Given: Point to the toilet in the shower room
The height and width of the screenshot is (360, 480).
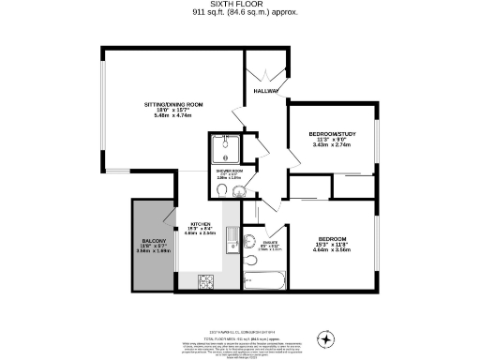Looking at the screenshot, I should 220,191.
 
